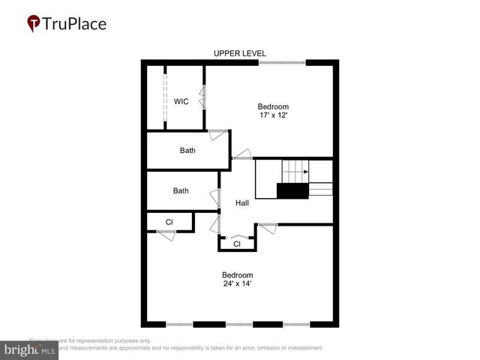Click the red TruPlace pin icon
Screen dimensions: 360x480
[x=34, y=24]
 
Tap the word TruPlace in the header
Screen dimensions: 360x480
[x=75, y=23]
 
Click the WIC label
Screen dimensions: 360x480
[x=181, y=101]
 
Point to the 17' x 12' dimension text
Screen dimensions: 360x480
[x=273, y=115]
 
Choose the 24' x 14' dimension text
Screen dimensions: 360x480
[x=237, y=283]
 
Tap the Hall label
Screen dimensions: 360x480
[x=242, y=203]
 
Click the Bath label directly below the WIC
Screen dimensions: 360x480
[x=187, y=150]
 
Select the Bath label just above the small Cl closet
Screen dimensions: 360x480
[x=181, y=190]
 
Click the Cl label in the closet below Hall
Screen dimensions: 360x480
[x=236, y=244]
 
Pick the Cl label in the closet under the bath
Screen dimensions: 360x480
[x=169, y=222]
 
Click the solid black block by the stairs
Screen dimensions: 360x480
[x=292, y=191]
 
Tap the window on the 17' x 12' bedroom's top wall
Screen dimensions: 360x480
[x=283, y=62]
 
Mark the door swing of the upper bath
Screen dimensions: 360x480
[x=217, y=135]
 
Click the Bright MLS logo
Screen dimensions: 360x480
[x=29, y=350]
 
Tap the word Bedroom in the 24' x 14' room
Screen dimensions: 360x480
[x=237, y=274]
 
